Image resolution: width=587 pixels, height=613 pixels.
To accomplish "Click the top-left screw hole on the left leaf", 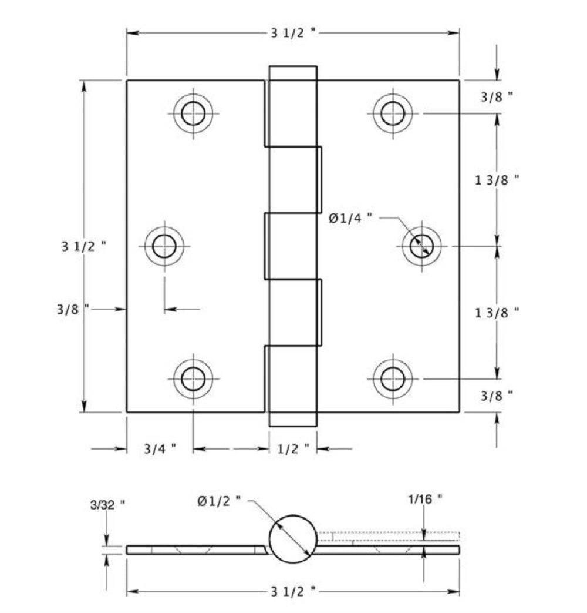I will pyautogui.click(x=193, y=113).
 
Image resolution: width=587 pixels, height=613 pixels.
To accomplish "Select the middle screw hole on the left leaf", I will pyautogui.click(x=164, y=246).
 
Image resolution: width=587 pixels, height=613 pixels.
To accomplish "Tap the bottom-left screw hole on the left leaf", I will pyautogui.click(x=193, y=379).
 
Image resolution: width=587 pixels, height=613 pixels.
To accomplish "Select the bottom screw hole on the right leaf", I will pyautogui.click(x=392, y=379).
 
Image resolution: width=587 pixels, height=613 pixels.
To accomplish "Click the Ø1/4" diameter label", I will pyautogui.click(x=350, y=218).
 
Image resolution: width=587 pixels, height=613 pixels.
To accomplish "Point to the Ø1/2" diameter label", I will pyautogui.click(x=220, y=500).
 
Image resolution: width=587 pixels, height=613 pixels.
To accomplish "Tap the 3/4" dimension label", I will pyautogui.click(x=160, y=450).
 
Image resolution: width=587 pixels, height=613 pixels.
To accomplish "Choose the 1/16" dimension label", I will pyautogui.click(x=424, y=500).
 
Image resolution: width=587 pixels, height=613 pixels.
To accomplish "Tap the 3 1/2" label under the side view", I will pyautogui.click(x=293, y=590).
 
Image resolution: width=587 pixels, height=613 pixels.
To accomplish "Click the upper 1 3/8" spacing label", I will pyautogui.click(x=497, y=180).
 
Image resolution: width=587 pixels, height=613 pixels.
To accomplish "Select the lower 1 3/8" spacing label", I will pyautogui.click(x=497, y=313).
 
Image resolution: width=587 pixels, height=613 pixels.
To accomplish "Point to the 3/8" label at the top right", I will pyautogui.click(x=497, y=98).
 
